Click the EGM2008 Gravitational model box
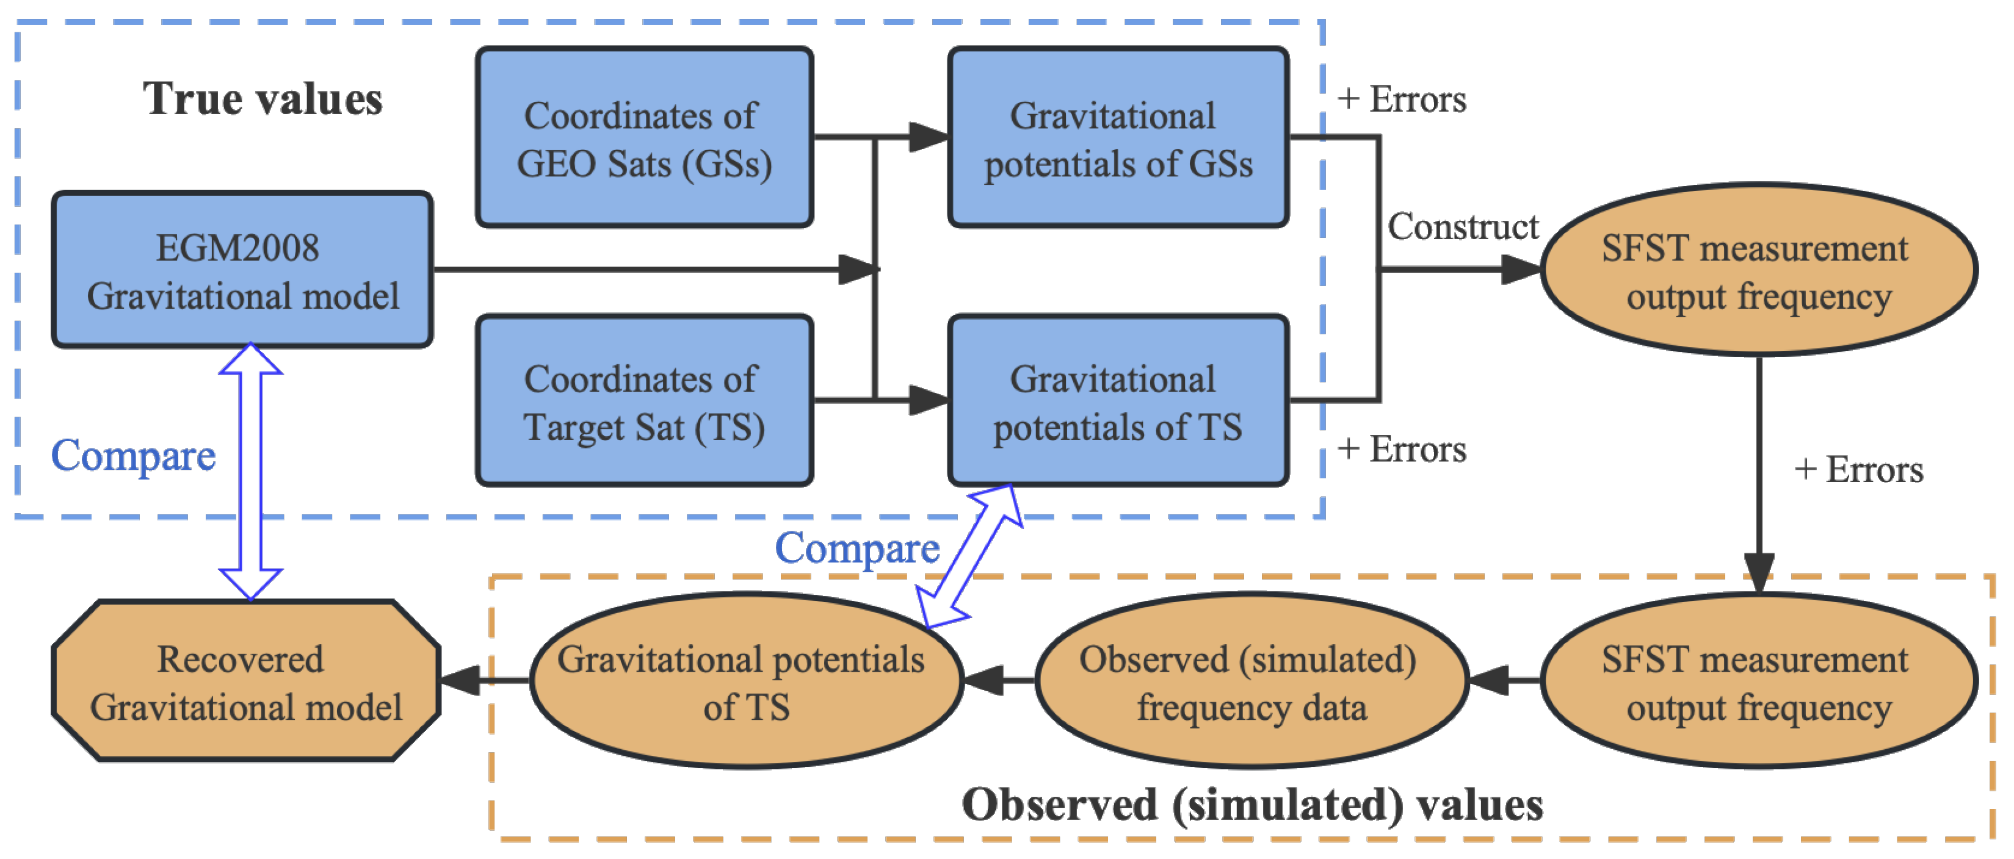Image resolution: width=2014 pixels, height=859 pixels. point(242,270)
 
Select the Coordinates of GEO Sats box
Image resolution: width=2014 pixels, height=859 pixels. point(644,138)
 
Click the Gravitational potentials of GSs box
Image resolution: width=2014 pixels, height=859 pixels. point(1118,138)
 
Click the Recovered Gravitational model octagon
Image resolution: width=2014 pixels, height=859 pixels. point(245,681)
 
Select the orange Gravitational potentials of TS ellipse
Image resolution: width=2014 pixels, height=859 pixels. point(746,681)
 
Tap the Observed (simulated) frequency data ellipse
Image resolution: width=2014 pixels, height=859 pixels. point(1251,681)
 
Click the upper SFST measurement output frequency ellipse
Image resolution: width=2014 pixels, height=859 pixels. point(1758,270)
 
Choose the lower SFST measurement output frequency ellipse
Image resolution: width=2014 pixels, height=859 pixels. point(1758,681)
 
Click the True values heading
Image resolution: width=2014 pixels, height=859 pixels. point(263,99)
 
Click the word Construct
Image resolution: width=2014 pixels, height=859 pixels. point(1462,227)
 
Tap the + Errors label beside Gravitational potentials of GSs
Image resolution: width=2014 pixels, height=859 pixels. point(1401,100)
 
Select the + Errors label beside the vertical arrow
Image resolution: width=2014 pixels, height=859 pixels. point(1858,470)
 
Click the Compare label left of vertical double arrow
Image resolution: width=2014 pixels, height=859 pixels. point(133,455)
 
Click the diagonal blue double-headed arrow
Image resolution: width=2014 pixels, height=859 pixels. point(969,556)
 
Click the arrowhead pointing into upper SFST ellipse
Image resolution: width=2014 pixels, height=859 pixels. point(1521,270)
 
